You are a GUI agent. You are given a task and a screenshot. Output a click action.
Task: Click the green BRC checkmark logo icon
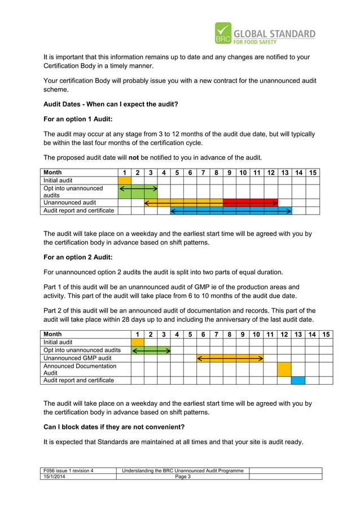[223, 33]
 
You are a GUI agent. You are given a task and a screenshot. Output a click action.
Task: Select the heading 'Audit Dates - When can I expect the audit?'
[111, 104]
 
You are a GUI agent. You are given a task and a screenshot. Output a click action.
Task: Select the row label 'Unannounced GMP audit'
[78, 358]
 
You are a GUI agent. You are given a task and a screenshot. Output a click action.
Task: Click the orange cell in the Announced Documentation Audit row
[284, 369]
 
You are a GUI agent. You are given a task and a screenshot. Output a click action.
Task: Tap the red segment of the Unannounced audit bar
[249, 203]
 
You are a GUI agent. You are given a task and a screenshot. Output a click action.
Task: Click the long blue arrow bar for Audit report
[231, 210]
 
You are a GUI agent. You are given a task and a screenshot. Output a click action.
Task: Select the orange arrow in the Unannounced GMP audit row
[230, 358]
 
